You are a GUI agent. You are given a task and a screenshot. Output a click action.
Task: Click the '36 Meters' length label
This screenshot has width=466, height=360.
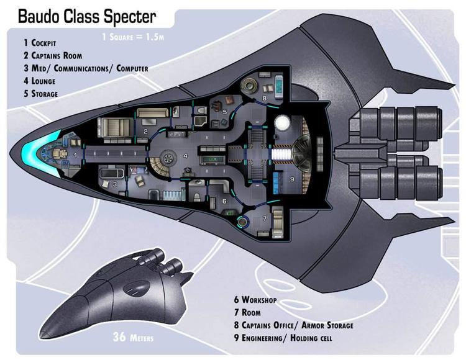pyautogui.click(x=133, y=338)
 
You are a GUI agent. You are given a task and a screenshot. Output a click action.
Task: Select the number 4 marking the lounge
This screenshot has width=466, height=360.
pyautogui.click(x=185, y=155)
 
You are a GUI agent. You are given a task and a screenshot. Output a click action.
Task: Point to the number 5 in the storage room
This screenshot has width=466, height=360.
pyautogui.click(x=225, y=112)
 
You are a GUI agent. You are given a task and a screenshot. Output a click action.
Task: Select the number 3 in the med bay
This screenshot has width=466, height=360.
pyautogui.click(x=115, y=184)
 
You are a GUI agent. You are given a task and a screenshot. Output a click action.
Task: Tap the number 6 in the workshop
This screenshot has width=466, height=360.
pyautogui.click(x=225, y=201)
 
